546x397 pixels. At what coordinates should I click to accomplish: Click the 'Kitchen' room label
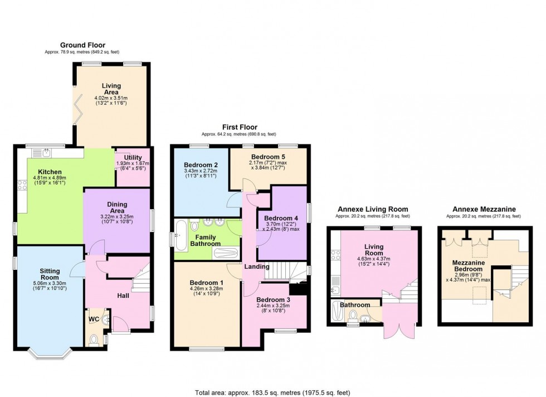coord(50,172)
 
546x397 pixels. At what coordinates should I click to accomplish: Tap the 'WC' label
coord(93,319)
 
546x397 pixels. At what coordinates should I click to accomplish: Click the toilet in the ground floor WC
coord(94,338)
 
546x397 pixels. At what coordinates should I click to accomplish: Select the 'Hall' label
coord(124,295)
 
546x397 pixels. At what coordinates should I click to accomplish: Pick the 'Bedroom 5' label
coord(269,157)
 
